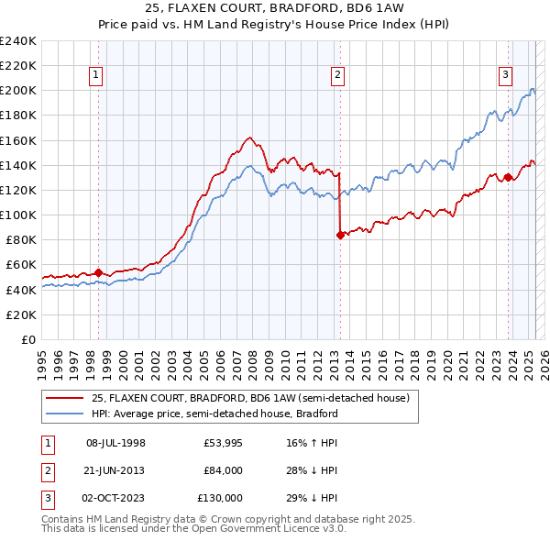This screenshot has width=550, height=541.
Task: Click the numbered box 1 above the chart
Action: pos(96,76)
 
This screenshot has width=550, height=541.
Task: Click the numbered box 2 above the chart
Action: pos(337,76)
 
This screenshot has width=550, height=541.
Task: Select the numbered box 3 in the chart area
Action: pos(505,76)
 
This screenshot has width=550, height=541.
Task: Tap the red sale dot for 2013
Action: pos(340,235)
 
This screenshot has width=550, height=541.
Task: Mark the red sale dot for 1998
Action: pos(99,272)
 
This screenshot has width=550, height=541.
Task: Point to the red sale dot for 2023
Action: pos(508,178)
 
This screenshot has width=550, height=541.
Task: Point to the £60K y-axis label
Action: pos(21,264)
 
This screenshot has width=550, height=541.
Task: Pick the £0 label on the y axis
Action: pos(28,339)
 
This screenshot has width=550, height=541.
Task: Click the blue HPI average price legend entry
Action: pos(214,414)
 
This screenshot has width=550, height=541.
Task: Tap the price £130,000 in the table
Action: pos(221,498)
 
